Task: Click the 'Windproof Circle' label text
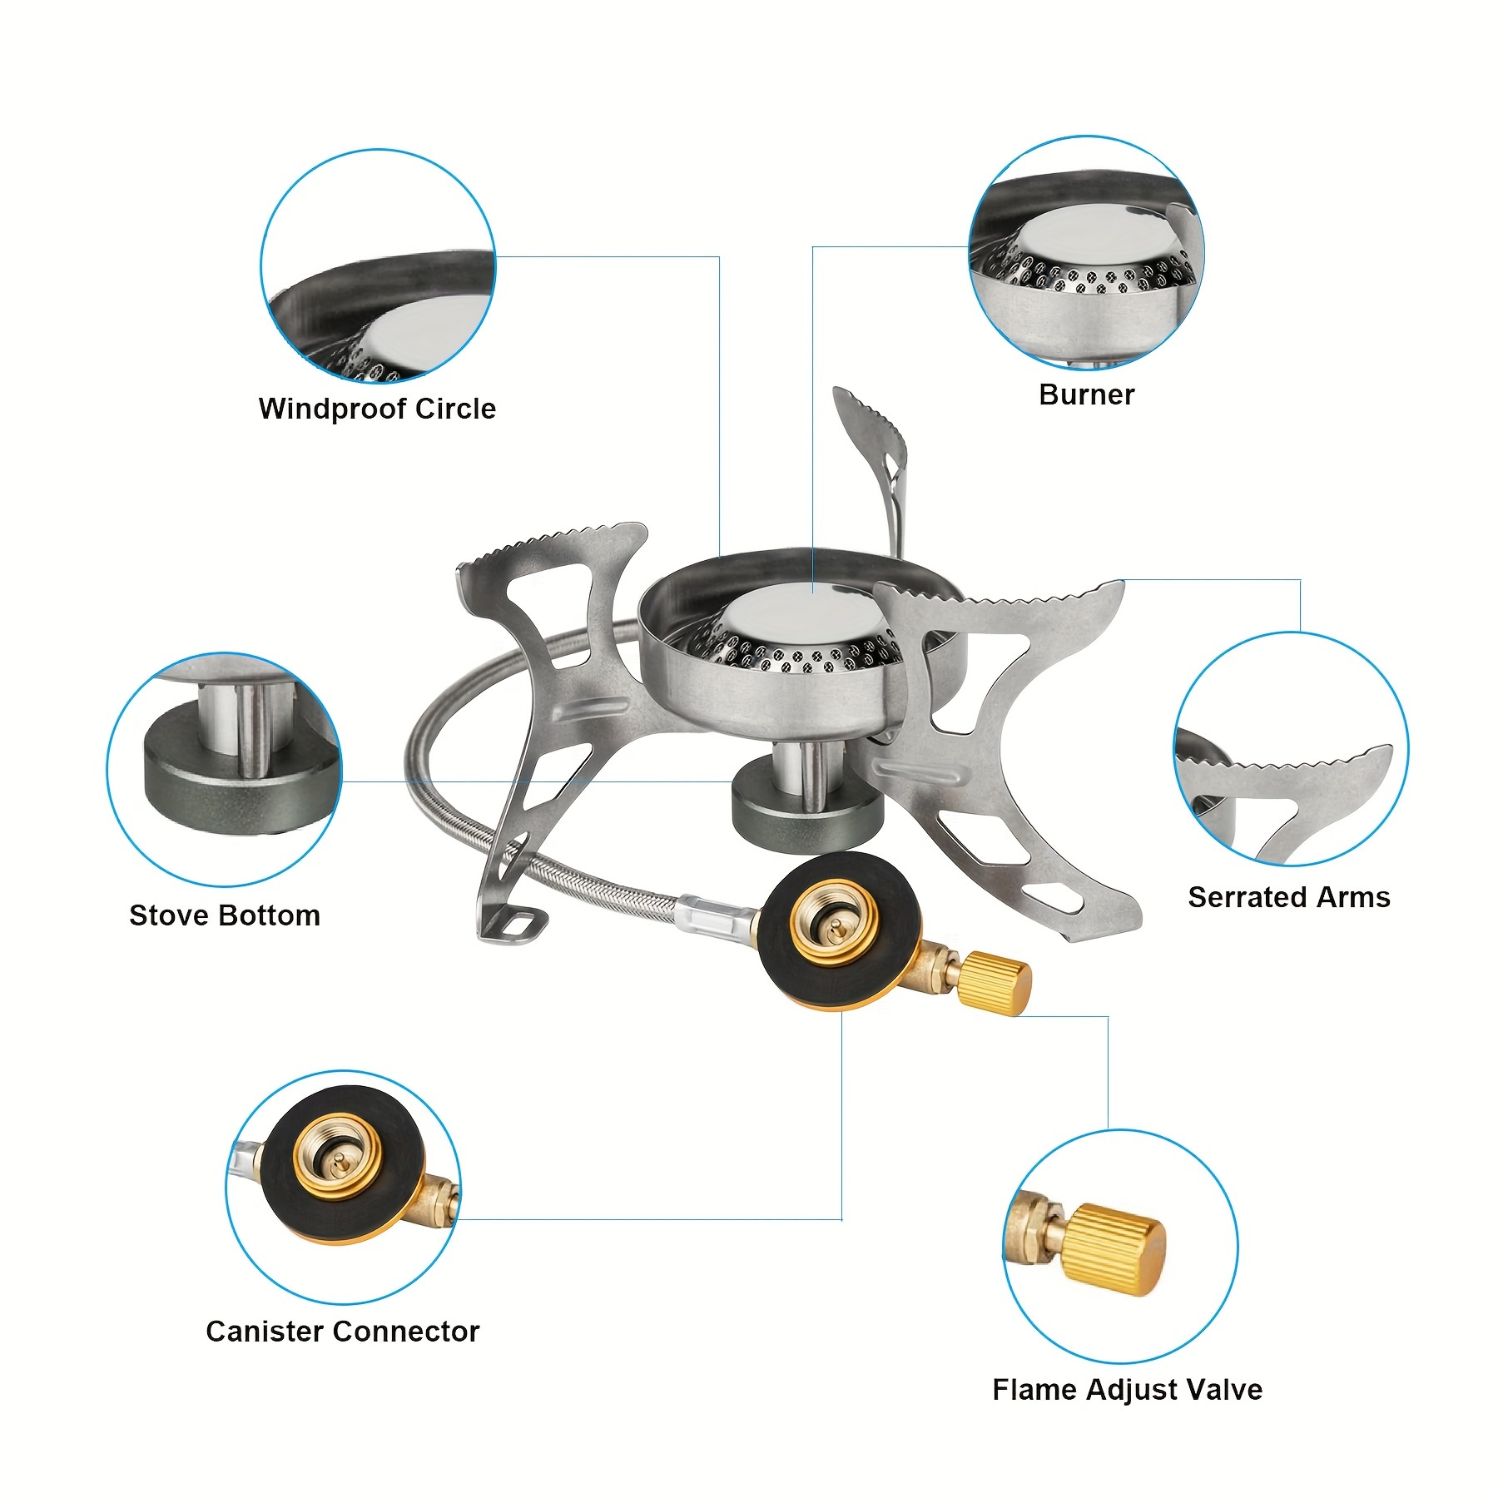pos(377,409)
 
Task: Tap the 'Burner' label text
pos(1086,394)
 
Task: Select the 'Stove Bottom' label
pos(225,915)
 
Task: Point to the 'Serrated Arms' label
pos(1288,897)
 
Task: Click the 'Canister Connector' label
pos(342,1332)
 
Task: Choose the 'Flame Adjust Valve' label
pos(1127,1390)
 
